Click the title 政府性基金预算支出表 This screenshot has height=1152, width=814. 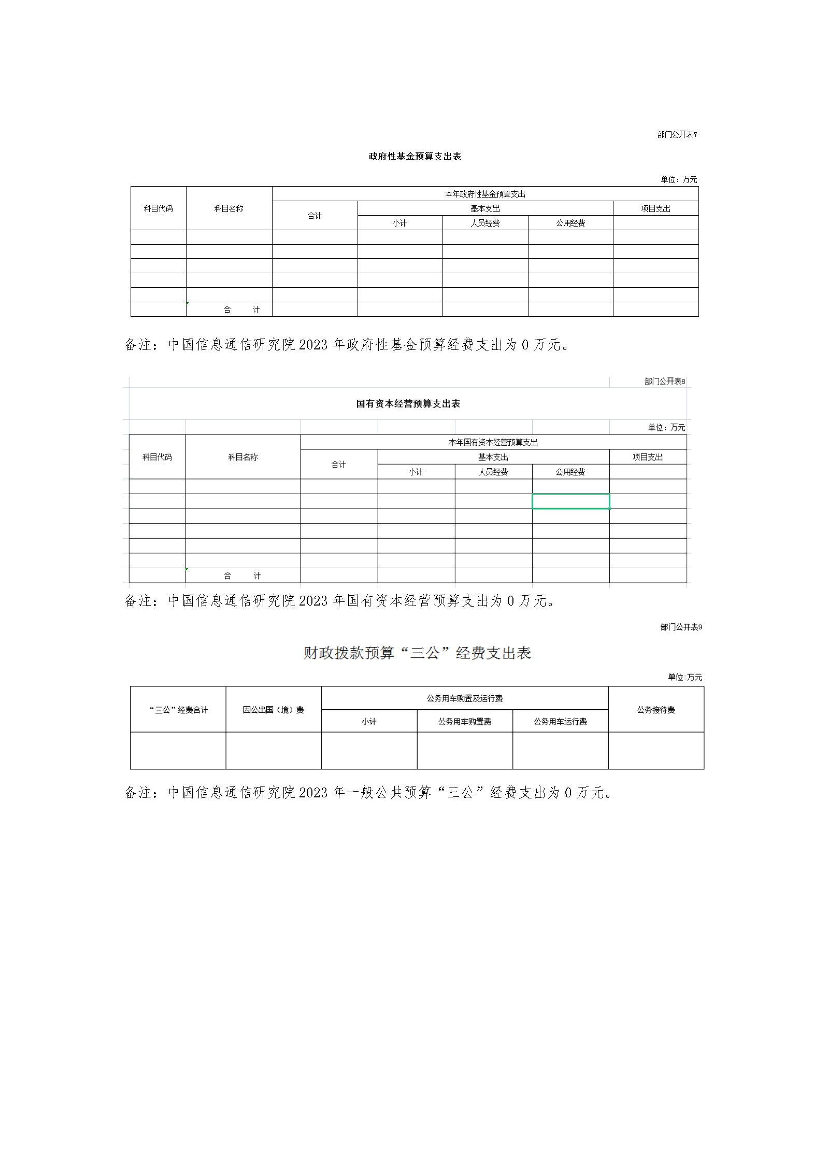pos(415,157)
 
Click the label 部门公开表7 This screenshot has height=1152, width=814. pos(677,134)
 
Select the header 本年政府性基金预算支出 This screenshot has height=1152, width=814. pos(485,194)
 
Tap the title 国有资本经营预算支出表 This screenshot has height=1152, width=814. pos(408,404)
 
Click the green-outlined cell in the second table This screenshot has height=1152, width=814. pos(570,501)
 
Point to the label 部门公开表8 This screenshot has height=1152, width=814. pos(664,382)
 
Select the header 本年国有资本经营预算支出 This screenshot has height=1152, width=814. pos(493,442)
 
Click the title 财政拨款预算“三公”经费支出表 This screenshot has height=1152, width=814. pos(417,653)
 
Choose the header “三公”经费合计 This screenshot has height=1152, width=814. pos(178,710)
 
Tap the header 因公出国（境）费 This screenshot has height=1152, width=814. pos(273,710)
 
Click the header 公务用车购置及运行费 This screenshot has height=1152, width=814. pos(464,698)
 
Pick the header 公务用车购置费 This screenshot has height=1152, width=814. pos(464,721)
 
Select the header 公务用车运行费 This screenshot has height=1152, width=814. pos(560,721)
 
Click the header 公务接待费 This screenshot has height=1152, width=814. pos(655,710)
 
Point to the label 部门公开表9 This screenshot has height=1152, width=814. pos(681,627)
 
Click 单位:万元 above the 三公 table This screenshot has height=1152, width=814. pos(684,677)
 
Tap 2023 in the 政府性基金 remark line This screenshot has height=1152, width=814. pos(313,345)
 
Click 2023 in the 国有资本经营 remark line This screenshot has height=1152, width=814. pos(313,601)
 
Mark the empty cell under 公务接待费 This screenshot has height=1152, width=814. pos(655,750)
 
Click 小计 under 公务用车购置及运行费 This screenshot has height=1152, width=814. pos(369,721)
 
